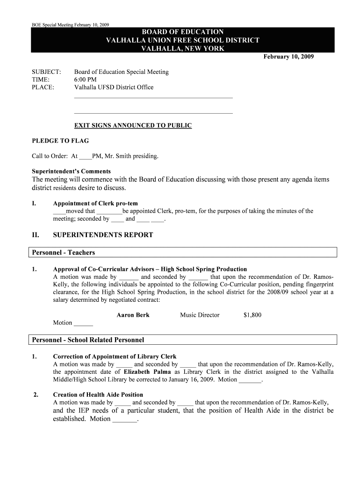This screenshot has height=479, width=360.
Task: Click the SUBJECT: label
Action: click(46, 72)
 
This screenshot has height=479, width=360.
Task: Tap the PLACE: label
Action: click(43, 87)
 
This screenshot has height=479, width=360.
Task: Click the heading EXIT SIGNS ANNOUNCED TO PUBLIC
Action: click(133, 126)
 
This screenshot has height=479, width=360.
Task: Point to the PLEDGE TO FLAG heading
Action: click(60, 141)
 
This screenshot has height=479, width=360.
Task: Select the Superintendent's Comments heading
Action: click(71, 171)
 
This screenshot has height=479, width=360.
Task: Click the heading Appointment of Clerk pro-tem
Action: click(95, 203)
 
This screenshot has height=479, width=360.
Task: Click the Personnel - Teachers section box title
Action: click(63, 253)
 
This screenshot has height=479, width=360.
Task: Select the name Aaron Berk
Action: click(133, 315)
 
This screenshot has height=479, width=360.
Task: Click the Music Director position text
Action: click(200, 315)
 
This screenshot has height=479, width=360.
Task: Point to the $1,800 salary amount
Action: click(252, 315)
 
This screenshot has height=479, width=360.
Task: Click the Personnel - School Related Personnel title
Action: click(87, 340)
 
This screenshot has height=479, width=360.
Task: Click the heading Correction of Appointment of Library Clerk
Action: click(115, 357)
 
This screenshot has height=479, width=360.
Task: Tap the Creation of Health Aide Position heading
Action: click(98, 395)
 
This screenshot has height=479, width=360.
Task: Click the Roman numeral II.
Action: click(35, 235)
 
